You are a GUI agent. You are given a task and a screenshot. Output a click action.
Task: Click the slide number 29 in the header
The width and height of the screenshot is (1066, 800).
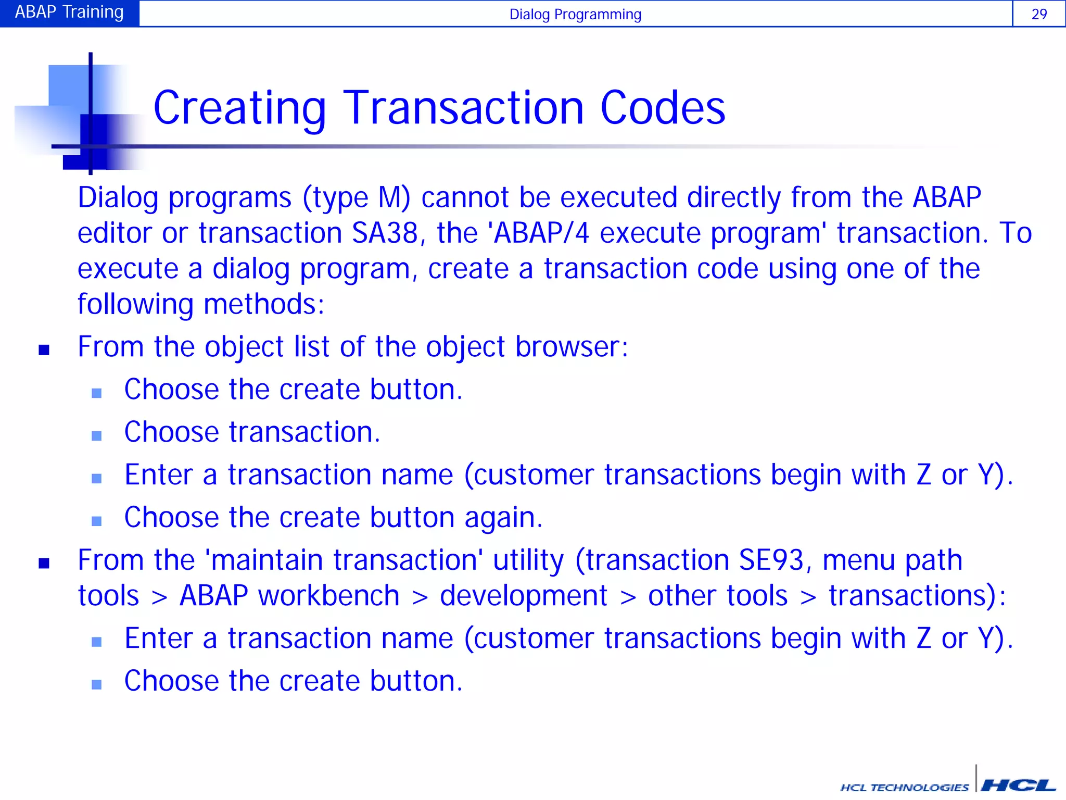pyautogui.click(x=1038, y=14)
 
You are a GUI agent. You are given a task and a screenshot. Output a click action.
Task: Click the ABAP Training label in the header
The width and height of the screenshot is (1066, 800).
pyautogui.click(x=69, y=12)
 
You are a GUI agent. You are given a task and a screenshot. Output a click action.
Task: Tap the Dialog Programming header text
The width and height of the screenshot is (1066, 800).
pyautogui.click(x=575, y=15)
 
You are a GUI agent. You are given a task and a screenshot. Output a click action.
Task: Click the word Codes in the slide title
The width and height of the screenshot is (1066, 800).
pyautogui.click(x=663, y=108)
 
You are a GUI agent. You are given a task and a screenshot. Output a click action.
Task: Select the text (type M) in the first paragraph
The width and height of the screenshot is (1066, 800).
pyautogui.click(x=356, y=198)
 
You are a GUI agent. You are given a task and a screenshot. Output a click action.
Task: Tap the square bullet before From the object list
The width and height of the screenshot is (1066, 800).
pyautogui.click(x=44, y=349)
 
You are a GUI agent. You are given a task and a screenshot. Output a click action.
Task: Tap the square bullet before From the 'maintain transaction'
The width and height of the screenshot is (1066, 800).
pyautogui.click(x=44, y=563)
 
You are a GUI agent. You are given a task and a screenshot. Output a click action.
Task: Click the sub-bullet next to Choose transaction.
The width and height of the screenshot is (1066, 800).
pyautogui.click(x=97, y=435)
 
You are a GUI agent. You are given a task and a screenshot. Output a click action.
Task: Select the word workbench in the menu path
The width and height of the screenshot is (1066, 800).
pyautogui.click(x=328, y=596)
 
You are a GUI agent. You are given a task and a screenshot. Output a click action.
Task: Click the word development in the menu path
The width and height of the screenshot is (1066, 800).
pyautogui.click(x=523, y=596)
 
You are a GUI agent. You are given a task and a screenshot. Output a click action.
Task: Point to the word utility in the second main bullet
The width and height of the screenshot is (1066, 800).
pyautogui.click(x=528, y=560)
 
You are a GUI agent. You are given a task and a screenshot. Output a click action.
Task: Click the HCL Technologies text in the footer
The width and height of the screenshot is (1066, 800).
pyautogui.click(x=904, y=787)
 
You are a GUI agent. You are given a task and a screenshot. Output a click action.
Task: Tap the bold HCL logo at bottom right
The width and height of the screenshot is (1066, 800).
pyautogui.click(x=1018, y=785)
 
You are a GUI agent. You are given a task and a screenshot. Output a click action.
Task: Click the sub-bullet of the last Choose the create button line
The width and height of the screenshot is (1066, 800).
pyautogui.click(x=97, y=684)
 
